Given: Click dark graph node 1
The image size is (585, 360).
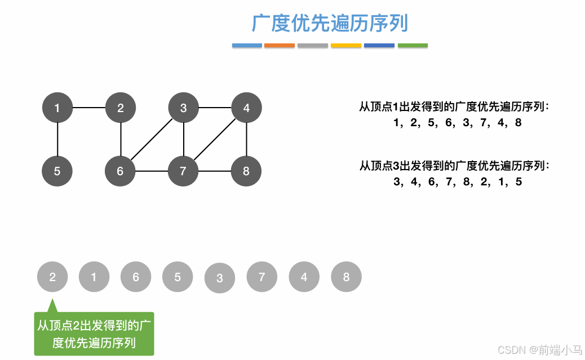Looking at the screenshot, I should [57, 108].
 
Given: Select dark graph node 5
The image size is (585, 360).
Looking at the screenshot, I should [57, 171].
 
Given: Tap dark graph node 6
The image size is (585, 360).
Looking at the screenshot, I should [120, 171].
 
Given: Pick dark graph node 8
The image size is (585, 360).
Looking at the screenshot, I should [246, 171].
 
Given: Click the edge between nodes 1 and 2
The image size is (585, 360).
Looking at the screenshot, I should [89, 108].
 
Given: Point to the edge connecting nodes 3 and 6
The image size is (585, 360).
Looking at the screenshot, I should [152, 139].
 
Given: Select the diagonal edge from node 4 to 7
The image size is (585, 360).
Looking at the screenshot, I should [215, 139].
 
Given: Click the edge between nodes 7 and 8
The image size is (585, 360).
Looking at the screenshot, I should [215, 171].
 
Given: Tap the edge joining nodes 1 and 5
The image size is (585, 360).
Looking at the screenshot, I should [57, 139].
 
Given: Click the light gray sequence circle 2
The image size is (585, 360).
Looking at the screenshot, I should [52, 277].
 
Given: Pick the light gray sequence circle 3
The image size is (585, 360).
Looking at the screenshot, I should [220, 278].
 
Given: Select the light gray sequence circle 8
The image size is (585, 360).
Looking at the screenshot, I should [346, 277].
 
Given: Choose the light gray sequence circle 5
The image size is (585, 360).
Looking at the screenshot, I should [178, 277].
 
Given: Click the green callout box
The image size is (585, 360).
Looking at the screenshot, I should [94, 334].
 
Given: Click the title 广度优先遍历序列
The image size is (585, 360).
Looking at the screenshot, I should [330, 24].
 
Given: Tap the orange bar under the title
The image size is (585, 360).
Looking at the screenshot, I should [280, 45].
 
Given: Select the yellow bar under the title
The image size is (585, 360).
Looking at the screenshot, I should [346, 45].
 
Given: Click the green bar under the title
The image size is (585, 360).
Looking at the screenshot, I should [413, 45].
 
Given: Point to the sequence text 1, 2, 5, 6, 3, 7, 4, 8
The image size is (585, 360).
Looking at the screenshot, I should [458, 122].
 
